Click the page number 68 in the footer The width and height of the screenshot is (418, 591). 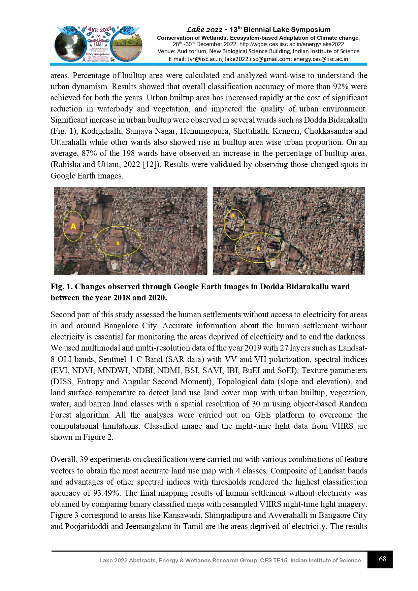[382, 559]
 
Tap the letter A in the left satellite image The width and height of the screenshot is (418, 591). [73, 226]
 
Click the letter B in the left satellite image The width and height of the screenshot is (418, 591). [118, 243]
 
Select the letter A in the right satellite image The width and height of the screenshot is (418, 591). [232, 216]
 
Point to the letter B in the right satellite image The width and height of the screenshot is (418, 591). [258, 249]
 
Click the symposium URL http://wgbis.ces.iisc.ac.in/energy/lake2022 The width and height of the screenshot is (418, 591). [292, 44]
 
